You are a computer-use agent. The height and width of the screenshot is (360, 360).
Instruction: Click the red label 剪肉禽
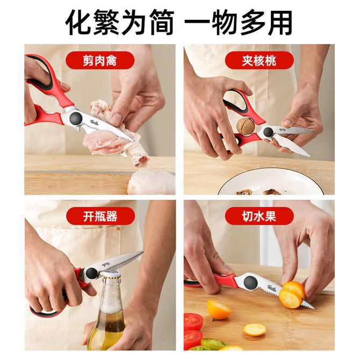(x=100, y=60)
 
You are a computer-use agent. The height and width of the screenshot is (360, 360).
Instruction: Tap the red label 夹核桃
(x=259, y=60)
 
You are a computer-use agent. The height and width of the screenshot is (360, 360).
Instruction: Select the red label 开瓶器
(x=100, y=216)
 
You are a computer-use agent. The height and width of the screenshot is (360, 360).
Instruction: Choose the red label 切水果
(x=259, y=216)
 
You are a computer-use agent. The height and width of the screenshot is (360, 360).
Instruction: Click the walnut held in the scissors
(x=246, y=126)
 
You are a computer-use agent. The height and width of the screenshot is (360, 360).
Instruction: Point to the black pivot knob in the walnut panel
(x=268, y=132)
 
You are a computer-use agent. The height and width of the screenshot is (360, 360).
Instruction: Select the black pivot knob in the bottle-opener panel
(x=91, y=273)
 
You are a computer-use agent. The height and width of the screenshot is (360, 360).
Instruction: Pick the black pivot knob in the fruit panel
(x=250, y=282)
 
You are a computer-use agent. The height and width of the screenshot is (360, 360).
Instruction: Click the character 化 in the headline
(x=78, y=22)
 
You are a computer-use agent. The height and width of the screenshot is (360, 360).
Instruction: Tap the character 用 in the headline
(x=279, y=22)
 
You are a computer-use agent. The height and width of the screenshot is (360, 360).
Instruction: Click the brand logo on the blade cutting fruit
(x=271, y=288)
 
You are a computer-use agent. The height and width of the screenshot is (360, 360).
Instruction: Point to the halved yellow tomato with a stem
(x=219, y=309)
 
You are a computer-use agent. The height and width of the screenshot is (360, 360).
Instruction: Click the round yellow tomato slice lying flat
(x=254, y=329)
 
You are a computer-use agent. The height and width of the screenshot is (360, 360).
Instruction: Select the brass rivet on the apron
(x=118, y=229)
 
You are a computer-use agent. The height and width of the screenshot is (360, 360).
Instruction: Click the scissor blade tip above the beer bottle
(x=142, y=252)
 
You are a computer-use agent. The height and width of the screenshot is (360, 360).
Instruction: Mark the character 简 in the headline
(x=162, y=22)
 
